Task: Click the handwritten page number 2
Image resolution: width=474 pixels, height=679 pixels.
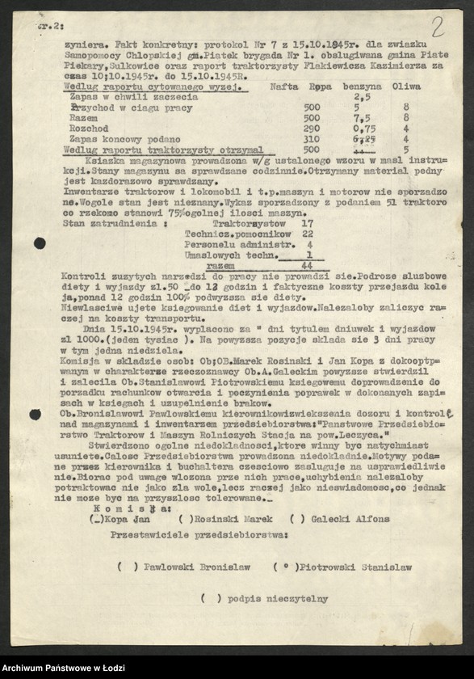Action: pyautogui.click(x=437, y=26)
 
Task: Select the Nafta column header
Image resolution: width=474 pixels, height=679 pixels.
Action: pyautogui.click(x=284, y=85)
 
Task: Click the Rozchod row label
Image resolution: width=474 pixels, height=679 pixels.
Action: pyautogui.click(x=94, y=128)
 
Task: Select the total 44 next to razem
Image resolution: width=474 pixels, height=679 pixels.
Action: pyautogui.click(x=306, y=264)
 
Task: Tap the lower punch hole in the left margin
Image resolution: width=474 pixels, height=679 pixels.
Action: pyautogui.click(x=35, y=415)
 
